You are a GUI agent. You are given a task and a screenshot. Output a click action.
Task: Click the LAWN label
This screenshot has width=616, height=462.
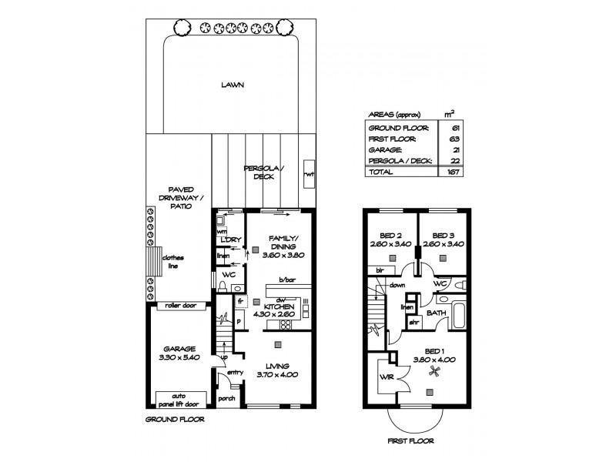pyautogui.click(x=228, y=86)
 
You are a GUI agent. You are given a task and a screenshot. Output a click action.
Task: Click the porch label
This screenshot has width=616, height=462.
pyautogui.click(x=226, y=398)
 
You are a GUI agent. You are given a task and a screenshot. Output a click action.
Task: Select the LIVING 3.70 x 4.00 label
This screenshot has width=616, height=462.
pyautogui.click(x=278, y=370)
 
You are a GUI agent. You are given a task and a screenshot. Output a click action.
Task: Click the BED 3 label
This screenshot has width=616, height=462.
pyautogui.click(x=441, y=239)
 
